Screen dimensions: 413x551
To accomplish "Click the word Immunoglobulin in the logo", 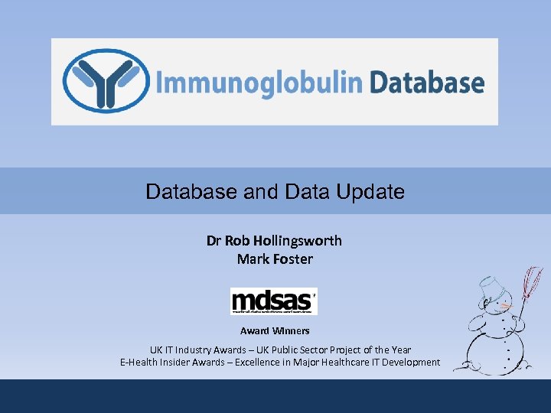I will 258,83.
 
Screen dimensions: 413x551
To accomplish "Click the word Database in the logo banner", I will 426,83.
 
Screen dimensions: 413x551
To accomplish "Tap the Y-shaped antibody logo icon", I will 106,81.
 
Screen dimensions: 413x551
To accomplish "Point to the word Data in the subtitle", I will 306,191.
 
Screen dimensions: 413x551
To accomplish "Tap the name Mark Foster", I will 275,259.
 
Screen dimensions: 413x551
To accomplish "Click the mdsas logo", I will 273,300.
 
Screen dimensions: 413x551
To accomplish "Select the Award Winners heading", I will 275,331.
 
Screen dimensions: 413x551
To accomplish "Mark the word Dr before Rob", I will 214,241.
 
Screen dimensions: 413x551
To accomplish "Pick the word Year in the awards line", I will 399,350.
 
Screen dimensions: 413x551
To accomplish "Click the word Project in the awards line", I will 344,350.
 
